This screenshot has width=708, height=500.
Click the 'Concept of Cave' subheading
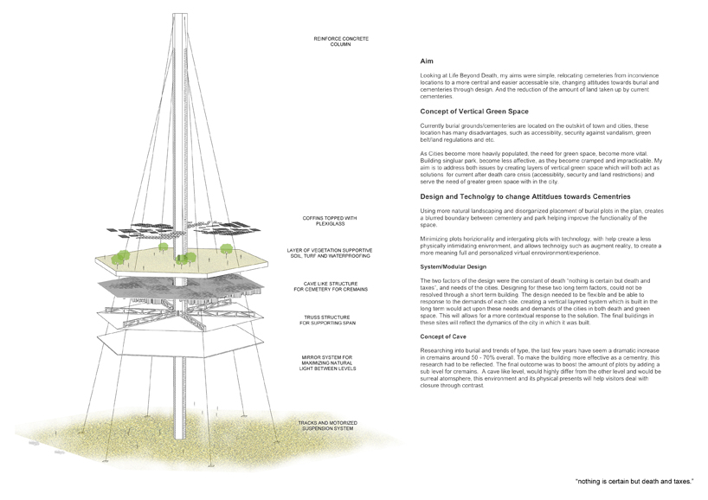click(x=443, y=335)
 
